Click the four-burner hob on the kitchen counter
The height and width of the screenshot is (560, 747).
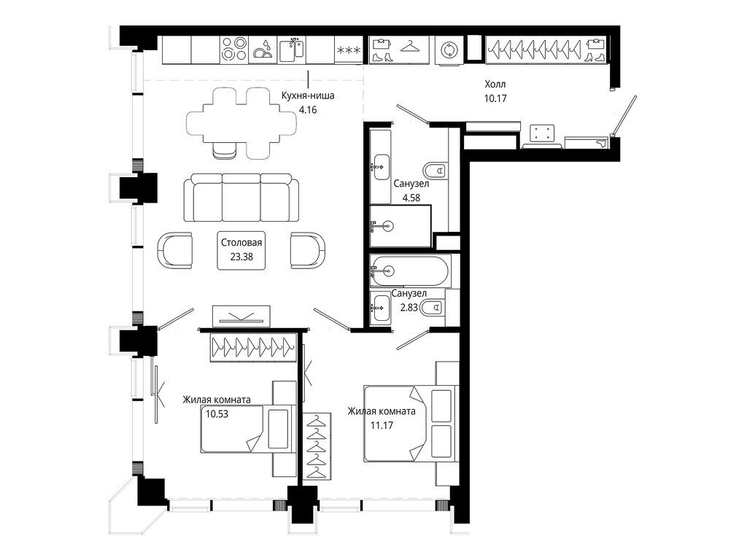coord(233,50)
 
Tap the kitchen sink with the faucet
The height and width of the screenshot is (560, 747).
coord(292,50)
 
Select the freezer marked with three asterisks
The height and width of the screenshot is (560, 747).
coord(349,50)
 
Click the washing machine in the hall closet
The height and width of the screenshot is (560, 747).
coord(447,50)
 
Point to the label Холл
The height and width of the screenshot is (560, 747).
coord(495,85)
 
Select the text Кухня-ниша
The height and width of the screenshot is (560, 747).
coord(308,95)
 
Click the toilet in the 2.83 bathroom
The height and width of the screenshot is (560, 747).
coord(435,308)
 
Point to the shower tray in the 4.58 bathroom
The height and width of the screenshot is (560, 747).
coord(400,227)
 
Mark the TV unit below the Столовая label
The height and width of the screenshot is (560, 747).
coord(242,316)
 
